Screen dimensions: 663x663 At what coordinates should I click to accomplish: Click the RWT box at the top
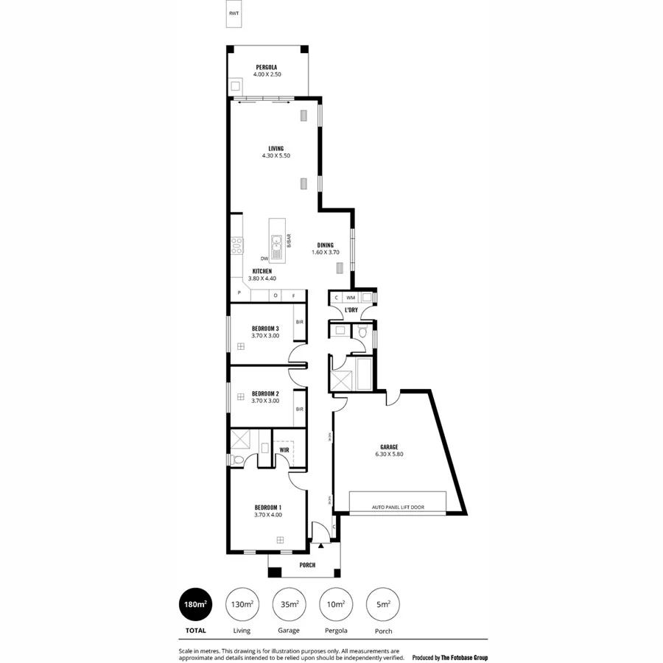tap(234, 15)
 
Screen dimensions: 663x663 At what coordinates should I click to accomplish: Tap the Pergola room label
tap(267, 67)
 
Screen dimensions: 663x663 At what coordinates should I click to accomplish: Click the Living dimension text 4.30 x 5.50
tap(276, 156)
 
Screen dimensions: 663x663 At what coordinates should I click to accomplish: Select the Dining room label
tap(325, 245)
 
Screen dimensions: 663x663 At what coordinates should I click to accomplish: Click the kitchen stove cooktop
tap(236, 245)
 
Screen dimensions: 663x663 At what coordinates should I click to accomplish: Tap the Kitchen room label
tap(262, 271)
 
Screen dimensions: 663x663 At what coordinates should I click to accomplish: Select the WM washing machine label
tap(351, 298)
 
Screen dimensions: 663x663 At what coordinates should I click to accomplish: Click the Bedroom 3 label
tap(264, 328)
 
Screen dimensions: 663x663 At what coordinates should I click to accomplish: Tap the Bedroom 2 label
tap(264, 393)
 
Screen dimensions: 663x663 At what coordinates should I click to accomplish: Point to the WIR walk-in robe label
tap(284, 449)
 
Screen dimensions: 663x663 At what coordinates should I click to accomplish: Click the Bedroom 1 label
tap(268, 508)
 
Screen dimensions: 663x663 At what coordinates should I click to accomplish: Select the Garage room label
tap(389, 447)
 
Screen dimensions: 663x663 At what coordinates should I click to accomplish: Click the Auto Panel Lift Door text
tap(398, 508)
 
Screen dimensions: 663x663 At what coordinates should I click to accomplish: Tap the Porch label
tap(307, 565)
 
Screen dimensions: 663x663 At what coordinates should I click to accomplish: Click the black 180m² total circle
tap(195, 605)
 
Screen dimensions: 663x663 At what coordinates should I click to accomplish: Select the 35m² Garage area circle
tap(289, 605)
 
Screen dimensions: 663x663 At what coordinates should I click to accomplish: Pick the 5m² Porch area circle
tap(383, 605)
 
